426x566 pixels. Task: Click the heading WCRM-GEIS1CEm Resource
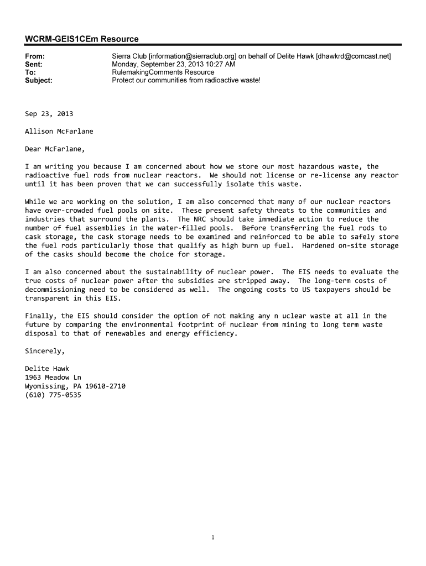click(x=81, y=39)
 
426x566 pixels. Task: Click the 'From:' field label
click(x=35, y=56)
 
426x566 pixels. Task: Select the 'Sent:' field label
click(x=34, y=64)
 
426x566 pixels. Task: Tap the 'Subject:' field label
click(x=39, y=80)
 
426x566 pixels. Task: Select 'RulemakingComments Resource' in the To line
click(x=163, y=72)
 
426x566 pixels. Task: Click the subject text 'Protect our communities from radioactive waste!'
click(x=186, y=80)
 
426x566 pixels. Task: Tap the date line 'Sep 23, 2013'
click(x=49, y=114)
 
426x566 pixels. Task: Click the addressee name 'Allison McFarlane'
click(x=59, y=132)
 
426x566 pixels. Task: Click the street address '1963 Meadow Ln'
click(x=53, y=378)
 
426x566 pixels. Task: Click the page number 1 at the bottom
click(x=213, y=537)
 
